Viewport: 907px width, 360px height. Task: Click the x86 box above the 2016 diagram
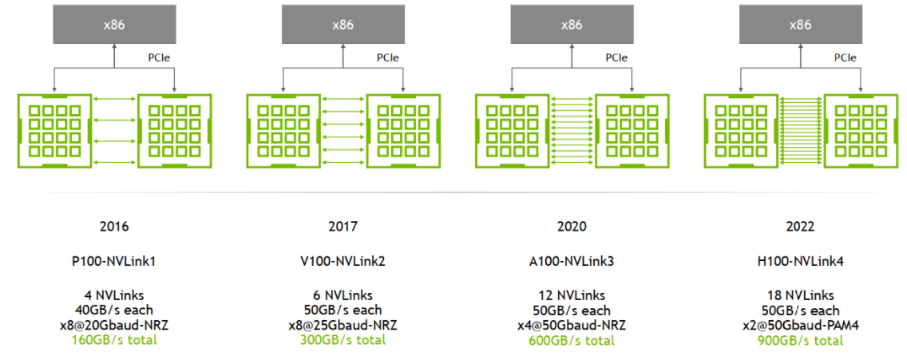click(113, 25)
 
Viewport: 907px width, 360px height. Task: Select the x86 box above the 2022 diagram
click(800, 25)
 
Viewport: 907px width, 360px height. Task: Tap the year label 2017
click(343, 227)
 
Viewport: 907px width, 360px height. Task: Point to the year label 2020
click(572, 227)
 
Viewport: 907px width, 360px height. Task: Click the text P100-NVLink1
click(114, 261)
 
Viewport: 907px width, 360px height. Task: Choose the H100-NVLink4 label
click(800, 261)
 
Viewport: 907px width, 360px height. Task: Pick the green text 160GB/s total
click(114, 340)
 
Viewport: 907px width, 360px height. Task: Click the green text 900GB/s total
click(800, 340)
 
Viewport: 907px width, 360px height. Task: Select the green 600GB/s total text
click(572, 340)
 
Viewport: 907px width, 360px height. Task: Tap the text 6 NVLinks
click(343, 295)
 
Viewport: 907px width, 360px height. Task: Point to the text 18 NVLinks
click(800, 295)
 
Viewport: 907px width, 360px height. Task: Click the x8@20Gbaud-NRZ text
click(114, 325)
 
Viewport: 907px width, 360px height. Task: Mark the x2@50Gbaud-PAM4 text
click(800, 325)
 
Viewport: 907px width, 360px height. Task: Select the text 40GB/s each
click(114, 310)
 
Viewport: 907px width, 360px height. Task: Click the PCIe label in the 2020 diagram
click(616, 57)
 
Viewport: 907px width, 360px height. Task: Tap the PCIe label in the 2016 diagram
click(159, 57)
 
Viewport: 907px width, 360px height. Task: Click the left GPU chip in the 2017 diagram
click(283, 130)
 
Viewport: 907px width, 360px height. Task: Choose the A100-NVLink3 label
click(572, 261)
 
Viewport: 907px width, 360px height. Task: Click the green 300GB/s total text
click(343, 340)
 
